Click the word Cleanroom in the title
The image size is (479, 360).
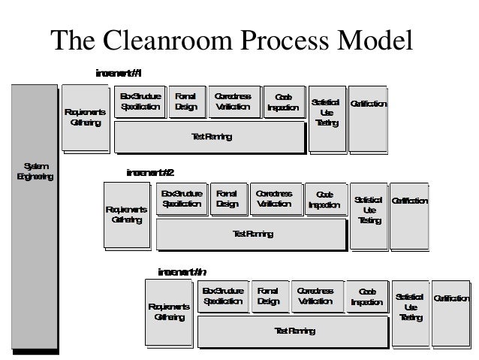pos(175,41)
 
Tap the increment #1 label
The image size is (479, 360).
pos(118,73)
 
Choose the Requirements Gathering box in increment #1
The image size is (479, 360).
pos(85,118)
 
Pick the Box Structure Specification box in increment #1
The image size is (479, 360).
pos(140,102)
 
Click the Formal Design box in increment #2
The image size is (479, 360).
pos(227,199)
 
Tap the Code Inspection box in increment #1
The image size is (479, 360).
pos(283,102)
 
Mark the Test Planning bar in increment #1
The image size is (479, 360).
pos(209,138)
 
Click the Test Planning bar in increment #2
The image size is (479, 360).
pos(252,234)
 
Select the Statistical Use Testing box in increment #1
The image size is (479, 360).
pos(327,113)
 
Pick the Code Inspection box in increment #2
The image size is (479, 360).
pos(325,199)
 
